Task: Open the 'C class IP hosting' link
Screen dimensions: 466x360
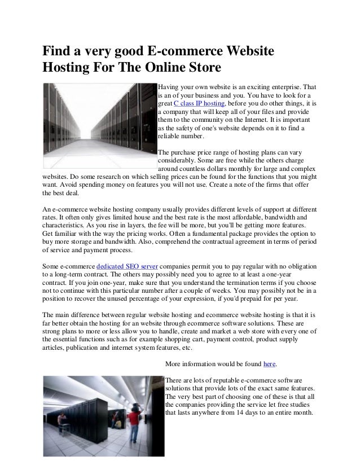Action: point(200,105)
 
